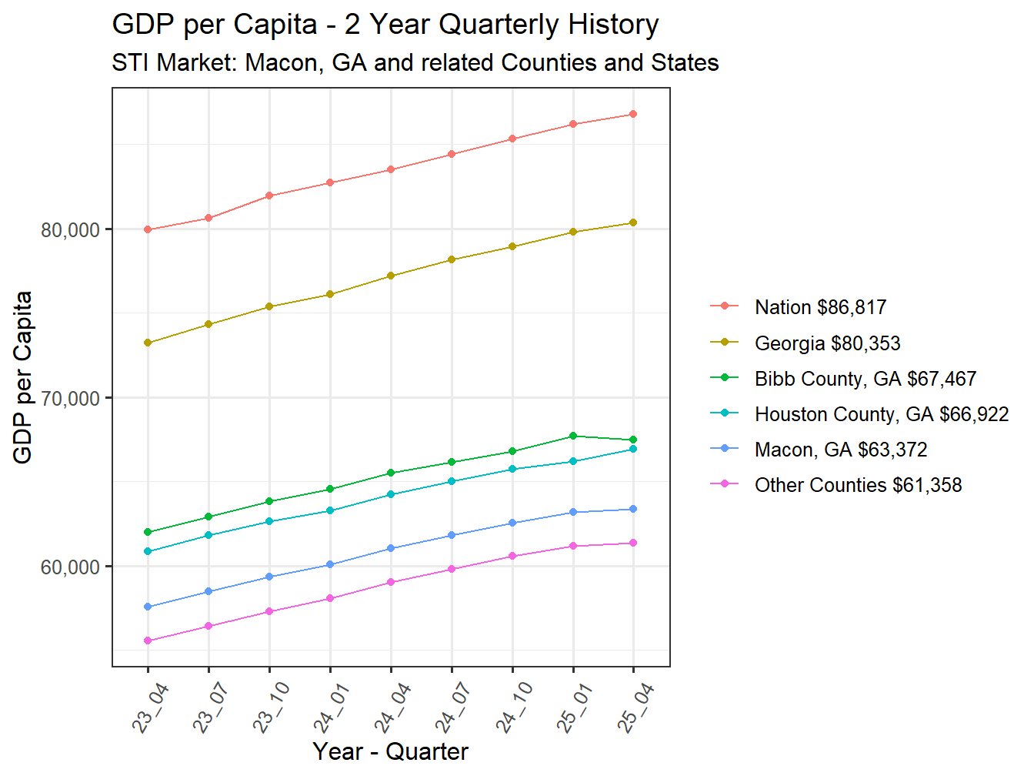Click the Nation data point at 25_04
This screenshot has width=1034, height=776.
(x=633, y=114)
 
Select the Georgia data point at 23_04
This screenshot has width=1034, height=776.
(x=148, y=343)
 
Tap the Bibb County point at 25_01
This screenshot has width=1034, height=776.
(x=573, y=436)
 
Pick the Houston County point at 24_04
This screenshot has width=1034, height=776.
(x=391, y=494)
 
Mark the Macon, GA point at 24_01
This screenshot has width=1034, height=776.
(x=330, y=564)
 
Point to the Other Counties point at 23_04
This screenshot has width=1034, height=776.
(x=148, y=641)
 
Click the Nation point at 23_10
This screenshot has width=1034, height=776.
(x=269, y=196)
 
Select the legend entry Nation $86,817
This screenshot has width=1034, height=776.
(x=820, y=307)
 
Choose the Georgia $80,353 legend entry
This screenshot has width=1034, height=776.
(x=827, y=343)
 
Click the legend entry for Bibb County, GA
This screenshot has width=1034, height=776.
(x=865, y=379)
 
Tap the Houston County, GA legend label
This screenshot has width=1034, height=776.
(x=881, y=414)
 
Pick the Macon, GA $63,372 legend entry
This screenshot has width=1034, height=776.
(x=840, y=450)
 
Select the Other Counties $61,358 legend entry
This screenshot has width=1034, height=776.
(x=858, y=485)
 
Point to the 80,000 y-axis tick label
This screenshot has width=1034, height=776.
(x=71, y=230)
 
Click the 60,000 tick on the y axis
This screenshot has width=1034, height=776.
(x=71, y=567)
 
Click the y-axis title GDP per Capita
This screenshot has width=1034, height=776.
(x=23, y=377)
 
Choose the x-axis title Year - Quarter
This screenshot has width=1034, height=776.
(x=390, y=751)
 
